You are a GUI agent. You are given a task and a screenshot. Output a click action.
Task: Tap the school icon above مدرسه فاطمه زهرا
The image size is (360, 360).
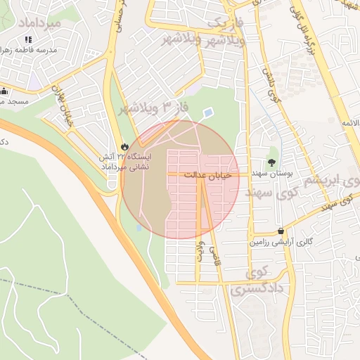(28, 40)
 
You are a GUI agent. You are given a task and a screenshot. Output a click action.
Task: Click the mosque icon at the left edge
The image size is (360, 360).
(4, 91)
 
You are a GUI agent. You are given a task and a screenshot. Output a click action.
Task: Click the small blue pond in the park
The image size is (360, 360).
(207, 112)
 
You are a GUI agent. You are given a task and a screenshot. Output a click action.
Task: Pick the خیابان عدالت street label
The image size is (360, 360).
(207, 174)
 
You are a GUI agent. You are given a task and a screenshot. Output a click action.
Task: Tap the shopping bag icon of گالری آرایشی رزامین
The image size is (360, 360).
(281, 231)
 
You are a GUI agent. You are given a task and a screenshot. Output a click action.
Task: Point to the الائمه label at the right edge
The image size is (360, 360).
(350, 124)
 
